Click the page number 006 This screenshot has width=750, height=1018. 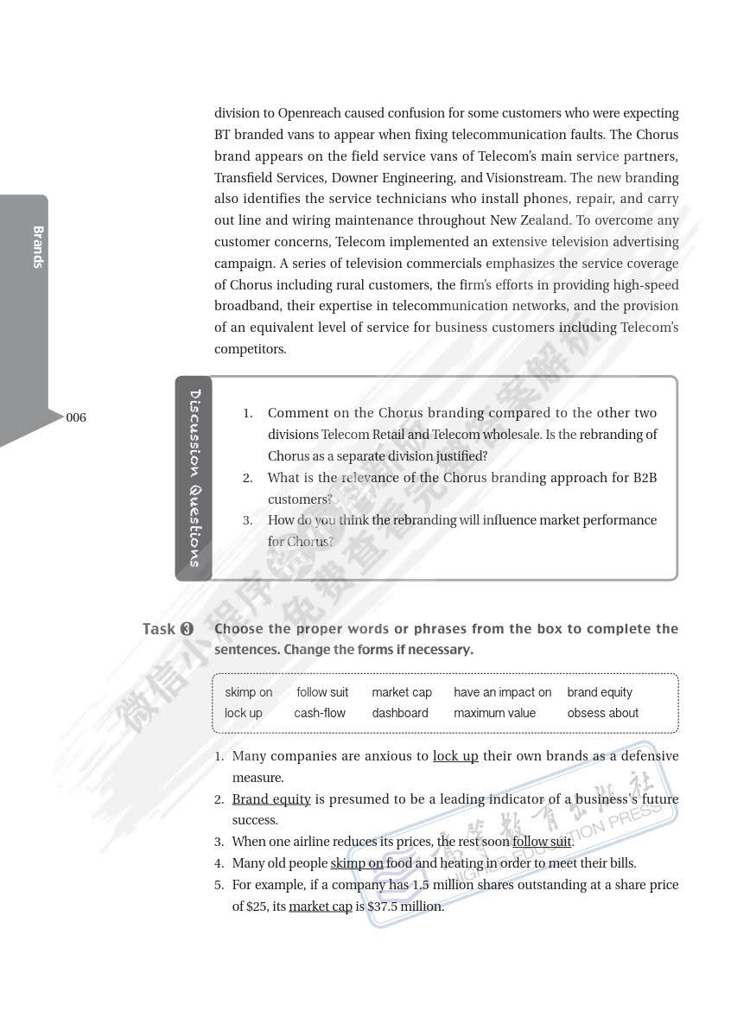click(x=76, y=418)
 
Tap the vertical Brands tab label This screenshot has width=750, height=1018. click(x=38, y=247)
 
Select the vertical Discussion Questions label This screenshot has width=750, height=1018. click(x=195, y=478)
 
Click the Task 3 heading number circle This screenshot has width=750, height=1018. click(x=187, y=629)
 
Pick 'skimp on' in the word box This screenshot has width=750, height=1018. click(x=249, y=692)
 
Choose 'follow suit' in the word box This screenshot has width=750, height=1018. click(x=322, y=692)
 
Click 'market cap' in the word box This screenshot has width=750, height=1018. click(x=402, y=692)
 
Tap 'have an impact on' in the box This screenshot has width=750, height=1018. click(x=502, y=692)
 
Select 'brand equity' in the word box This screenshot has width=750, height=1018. click(x=600, y=692)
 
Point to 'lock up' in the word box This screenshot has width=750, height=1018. click(x=244, y=713)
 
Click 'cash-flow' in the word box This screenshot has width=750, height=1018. click(x=320, y=713)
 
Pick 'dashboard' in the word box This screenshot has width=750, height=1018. click(x=400, y=713)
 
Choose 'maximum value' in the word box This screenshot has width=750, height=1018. click(x=494, y=713)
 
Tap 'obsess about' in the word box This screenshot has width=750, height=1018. click(x=603, y=713)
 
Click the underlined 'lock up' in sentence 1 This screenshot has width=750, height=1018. click(x=455, y=756)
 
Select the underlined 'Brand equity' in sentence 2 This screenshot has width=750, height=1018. click(x=271, y=799)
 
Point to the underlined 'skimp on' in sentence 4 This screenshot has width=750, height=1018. click(x=357, y=863)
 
